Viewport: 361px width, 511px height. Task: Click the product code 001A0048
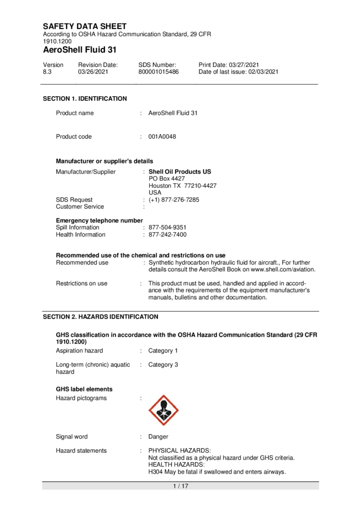[x=162, y=137]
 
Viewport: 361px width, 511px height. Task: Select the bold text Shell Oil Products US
[x=180, y=172]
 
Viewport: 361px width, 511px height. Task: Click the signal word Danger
[x=158, y=437]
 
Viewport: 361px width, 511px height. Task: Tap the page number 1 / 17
[x=180, y=486]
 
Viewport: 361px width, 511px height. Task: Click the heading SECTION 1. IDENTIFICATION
[x=85, y=99]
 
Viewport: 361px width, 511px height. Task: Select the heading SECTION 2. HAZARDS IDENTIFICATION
[x=100, y=317]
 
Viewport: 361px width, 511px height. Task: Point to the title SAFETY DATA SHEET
[x=85, y=26]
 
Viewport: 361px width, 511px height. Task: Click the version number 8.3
[x=47, y=72]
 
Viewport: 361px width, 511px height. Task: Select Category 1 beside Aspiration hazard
[x=163, y=351]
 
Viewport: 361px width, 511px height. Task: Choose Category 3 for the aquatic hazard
[x=163, y=365]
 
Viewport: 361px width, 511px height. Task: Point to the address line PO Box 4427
[x=167, y=179]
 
